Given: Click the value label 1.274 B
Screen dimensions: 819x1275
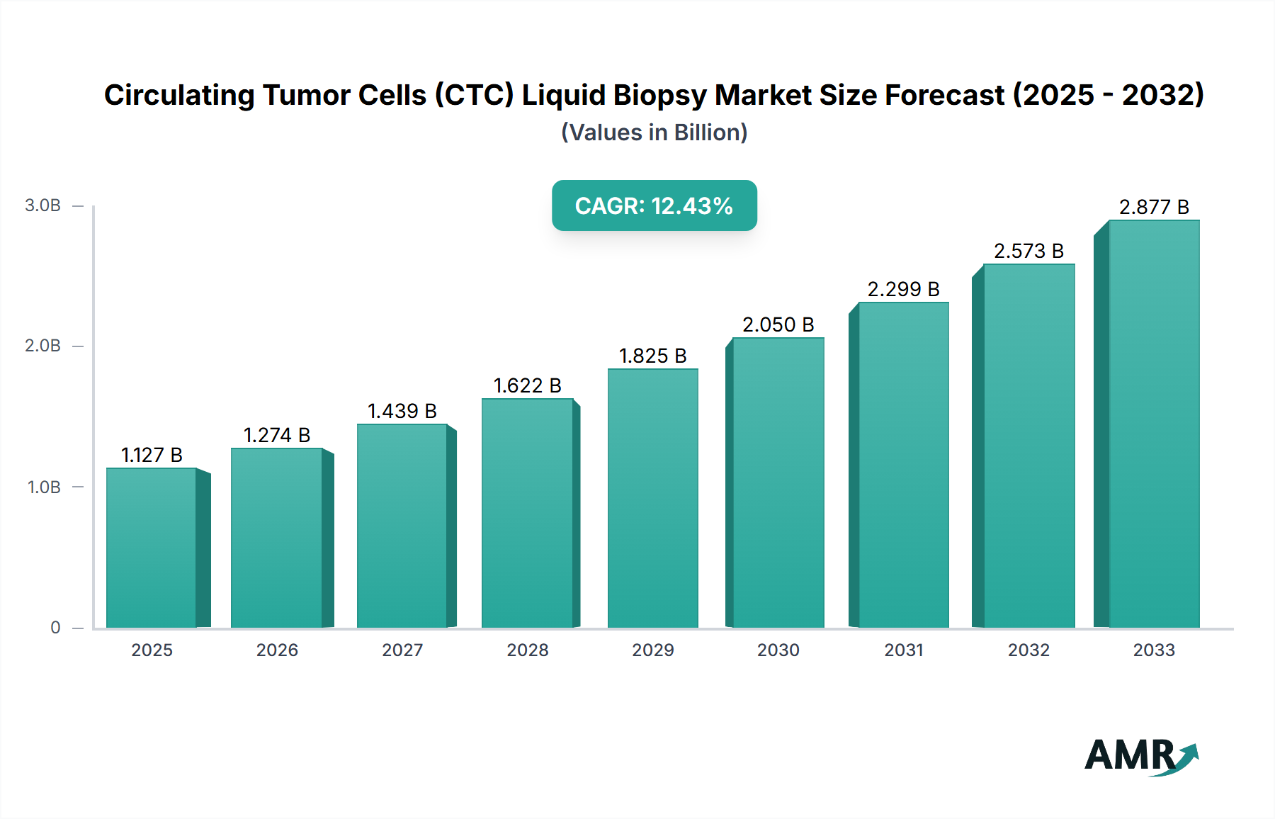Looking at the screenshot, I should click(x=277, y=435).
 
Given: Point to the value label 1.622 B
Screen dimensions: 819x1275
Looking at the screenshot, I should click(x=527, y=385).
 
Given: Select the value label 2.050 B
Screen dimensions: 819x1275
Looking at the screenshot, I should click(x=778, y=324).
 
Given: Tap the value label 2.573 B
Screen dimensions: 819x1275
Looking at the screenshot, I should click(x=1028, y=251).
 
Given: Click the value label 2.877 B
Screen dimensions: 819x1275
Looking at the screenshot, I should click(x=1154, y=207).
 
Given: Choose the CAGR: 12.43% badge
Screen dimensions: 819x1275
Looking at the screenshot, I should click(x=654, y=205).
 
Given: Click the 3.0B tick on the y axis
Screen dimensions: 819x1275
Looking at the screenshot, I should click(x=43, y=205).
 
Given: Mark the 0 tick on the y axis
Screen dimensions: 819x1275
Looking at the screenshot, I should click(x=55, y=628).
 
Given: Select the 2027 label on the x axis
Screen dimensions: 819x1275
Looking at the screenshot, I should click(x=402, y=650).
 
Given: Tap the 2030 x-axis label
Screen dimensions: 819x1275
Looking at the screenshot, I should click(x=778, y=650).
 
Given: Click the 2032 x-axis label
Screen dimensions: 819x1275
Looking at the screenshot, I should click(x=1028, y=650).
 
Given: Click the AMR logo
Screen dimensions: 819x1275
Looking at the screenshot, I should click(x=1140, y=755).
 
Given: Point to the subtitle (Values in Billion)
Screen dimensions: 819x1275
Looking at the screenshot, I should click(x=654, y=132).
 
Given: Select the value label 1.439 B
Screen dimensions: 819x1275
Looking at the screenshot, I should click(x=402, y=411).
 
